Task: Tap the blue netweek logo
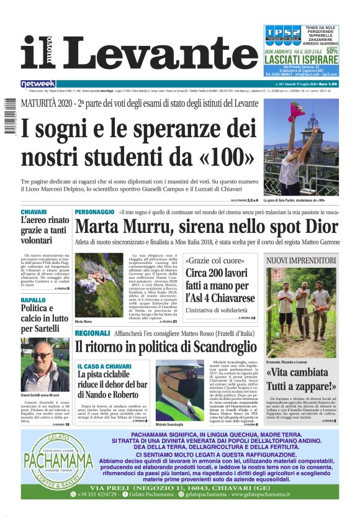[x=38, y=83]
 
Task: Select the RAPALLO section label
[x=32, y=300]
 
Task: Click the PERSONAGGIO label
[x=94, y=212]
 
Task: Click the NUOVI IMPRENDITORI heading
[x=302, y=259]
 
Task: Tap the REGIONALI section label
[x=92, y=334]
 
